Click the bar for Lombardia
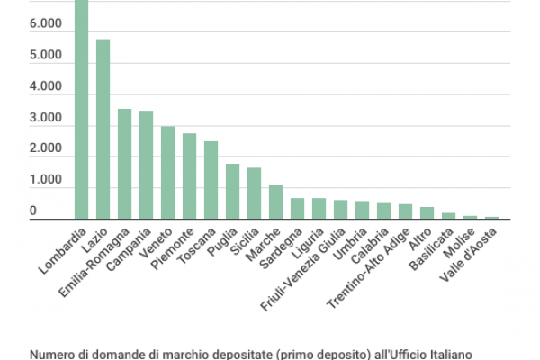pos(81,108)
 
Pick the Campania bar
pos(146,165)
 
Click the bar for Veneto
pos(167,173)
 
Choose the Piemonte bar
pos(189,176)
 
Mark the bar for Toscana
pos(211,180)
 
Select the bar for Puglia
pos(232,191)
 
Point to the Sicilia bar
pos(254,193)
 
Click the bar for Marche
pos(275,202)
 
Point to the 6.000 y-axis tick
pos(45,25)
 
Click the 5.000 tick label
pos(45,56)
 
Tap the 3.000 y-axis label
pos(45,118)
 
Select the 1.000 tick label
pos(45,180)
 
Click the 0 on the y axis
pos(32,211)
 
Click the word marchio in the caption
pos(164,355)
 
